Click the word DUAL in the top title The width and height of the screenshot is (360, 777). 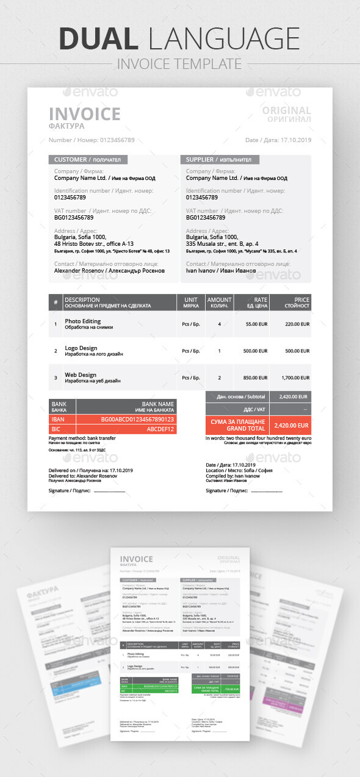[98, 38]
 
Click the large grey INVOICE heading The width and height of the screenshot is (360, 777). [84, 114]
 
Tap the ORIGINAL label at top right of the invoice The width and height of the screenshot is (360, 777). [286, 111]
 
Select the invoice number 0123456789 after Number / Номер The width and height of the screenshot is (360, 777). [117, 140]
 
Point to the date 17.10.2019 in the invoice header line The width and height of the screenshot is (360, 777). [296, 140]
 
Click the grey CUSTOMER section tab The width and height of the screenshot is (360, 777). [88, 160]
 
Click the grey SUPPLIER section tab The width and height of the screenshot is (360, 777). [220, 160]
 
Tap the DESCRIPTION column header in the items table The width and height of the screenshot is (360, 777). [82, 299]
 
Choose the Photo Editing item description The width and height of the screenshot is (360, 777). [83, 321]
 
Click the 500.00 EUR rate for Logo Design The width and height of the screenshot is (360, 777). [255, 351]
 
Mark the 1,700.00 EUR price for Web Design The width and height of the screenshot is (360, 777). [296, 378]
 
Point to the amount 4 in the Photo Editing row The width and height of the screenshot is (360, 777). [219, 324]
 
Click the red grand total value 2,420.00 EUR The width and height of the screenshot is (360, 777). [291, 425]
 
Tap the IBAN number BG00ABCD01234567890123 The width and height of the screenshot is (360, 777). [137, 420]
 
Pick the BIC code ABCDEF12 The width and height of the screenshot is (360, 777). [160, 429]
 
